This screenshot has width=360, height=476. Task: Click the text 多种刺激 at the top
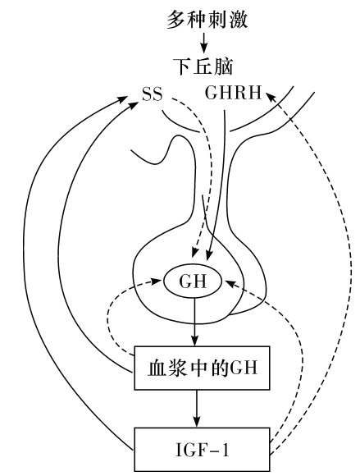(207, 20)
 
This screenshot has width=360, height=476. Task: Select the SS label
(153, 94)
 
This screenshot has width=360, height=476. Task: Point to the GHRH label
(233, 93)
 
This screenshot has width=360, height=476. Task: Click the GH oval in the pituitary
(194, 281)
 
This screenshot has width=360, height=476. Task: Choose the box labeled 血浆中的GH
(202, 368)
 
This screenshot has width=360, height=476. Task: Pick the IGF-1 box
(202, 450)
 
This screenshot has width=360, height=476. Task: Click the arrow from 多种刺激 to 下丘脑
(204, 42)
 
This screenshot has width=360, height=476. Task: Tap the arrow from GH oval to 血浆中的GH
(194, 322)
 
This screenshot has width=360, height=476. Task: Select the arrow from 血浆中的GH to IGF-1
(197, 409)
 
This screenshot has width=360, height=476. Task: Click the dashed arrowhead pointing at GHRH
(271, 98)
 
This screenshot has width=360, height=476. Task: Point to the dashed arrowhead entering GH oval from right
(230, 283)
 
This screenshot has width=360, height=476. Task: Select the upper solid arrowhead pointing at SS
(122, 99)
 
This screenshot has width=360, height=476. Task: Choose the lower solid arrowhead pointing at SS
(133, 105)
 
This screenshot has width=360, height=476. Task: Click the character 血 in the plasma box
(157, 368)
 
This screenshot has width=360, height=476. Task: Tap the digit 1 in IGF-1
(225, 450)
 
